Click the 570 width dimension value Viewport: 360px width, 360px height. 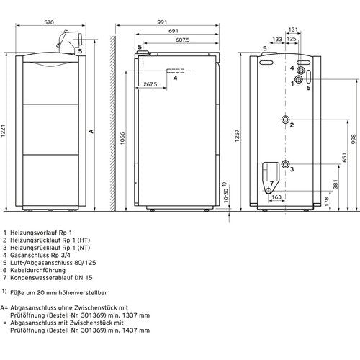pos(49,22)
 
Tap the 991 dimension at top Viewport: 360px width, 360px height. pos(162,22)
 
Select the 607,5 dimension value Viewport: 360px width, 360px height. pos(182,40)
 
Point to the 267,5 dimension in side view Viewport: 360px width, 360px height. pos(150,84)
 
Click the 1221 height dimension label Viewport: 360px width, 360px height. pos(3,131)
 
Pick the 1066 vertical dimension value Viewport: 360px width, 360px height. pos(122,138)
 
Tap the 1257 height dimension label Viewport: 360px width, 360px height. pos(238,136)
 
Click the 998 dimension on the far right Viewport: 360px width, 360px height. pos(354,139)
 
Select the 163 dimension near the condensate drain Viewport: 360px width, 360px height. pos(276,197)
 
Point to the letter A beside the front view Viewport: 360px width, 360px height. pos(91,131)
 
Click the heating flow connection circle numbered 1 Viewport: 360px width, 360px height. pos(300,79)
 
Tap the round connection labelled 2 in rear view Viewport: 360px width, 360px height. pos(286,120)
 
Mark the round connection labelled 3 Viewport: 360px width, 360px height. pos(286,164)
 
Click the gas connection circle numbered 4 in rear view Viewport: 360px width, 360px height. pos(301,71)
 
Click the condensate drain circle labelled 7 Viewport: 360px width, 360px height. pos(269,191)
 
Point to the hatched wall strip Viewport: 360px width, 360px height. pos(113,124)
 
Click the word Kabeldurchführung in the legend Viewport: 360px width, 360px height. pos(37,270)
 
